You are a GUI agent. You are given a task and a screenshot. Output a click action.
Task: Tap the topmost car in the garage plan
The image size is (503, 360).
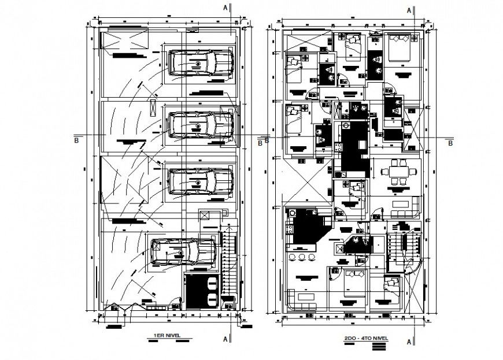(x=201, y=63)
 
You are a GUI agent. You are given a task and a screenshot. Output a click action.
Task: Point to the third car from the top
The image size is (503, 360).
(x=199, y=180)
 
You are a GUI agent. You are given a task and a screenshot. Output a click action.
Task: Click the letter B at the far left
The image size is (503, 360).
(x=76, y=139)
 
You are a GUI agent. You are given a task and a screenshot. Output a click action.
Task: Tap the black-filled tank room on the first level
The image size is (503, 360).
(x=201, y=291)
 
